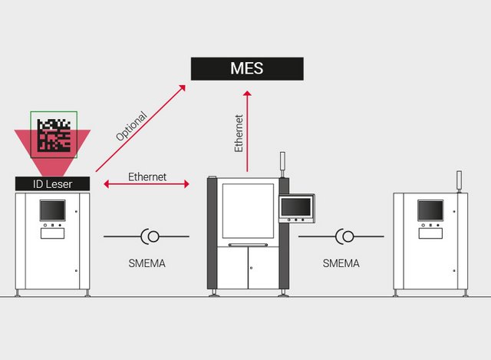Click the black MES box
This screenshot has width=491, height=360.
pyautogui.click(x=246, y=68)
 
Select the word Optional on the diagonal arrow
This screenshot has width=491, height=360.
pyautogui.click(x=131, y=127)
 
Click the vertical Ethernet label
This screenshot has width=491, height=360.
pyautogui.click(x=239, y=133)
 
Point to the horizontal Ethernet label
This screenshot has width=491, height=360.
pyautogui.click(x=147, y=177)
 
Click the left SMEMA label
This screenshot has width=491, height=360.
pyautogui.click(x=147, y=263)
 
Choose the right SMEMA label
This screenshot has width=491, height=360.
pyautogui.click(x=341, y=263)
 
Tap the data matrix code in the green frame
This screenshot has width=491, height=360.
pyautogui.click(x=54, y=134)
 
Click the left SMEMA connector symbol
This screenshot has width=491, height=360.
pyautogui.click(x=149, y=236)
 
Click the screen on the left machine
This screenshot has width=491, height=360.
pyautogui.click(x=53, y=210)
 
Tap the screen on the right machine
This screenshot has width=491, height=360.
pyautogui.click(x=430, y=210)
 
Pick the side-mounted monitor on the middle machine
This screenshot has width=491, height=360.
pyautogui.click(x=296, y=206)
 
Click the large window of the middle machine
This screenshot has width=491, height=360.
pyautogui.click(x=248, y=210)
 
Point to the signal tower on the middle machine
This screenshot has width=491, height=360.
pyautogui.click(x=282, y=163)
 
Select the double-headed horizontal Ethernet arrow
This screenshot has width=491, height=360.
pyautogui.click(x=147, y=185)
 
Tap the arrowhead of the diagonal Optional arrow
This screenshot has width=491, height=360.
pyautogui.click(x=183, y=88)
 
